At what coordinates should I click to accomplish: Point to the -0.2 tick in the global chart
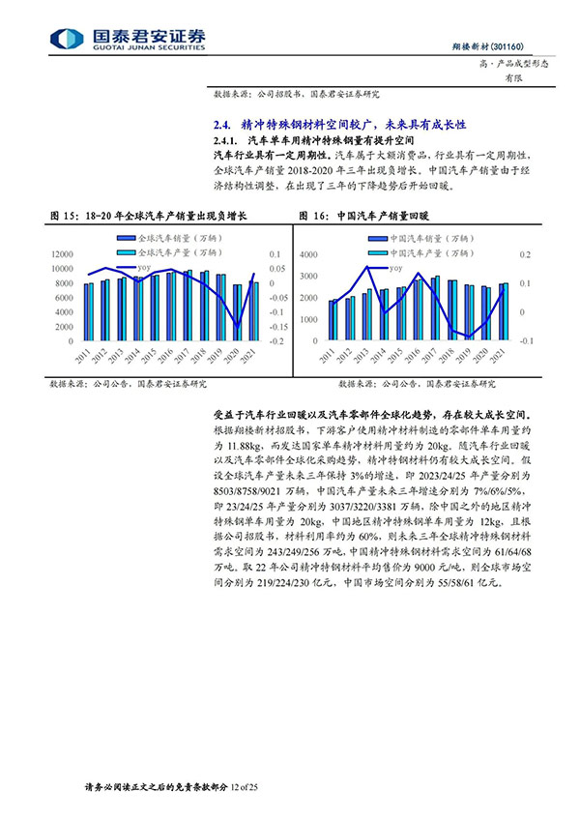pos(275,342)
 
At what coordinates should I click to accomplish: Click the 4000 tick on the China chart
pos(309,254)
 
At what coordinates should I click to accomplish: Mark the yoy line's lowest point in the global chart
pos(238,330)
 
